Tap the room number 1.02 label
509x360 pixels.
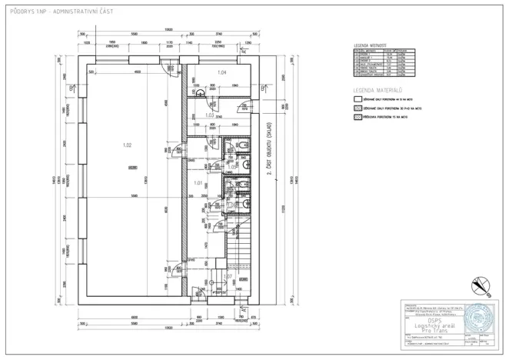click(x=128, y=145)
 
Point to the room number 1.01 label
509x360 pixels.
click(x=198, y=183)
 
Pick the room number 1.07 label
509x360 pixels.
click(x=227, y=275)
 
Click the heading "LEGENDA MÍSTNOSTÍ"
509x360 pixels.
click(x=370, y=45)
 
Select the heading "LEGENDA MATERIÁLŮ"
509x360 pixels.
click(x=371, y=91)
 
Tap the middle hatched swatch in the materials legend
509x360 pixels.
click(x=357, y=108)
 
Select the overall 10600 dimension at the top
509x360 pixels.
click(x=168, y=29)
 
